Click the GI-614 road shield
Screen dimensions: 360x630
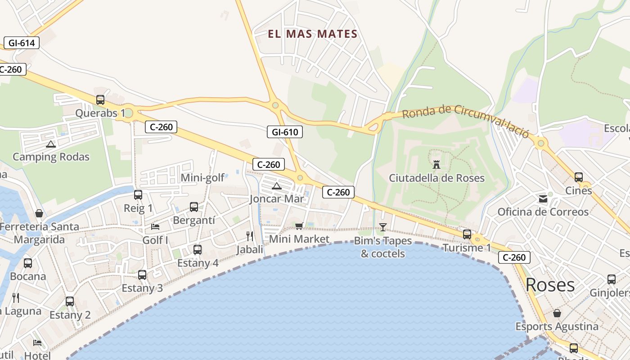tap(21, 43)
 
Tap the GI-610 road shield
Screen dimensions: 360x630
tap(285, 132)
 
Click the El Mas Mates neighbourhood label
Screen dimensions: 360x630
tap(313, 34)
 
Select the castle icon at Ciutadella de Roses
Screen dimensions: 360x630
tap(436, 164)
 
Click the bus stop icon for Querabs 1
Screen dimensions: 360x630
tap(100, 100)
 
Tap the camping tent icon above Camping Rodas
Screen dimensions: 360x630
tap(50, 144)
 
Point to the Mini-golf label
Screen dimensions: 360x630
tap(202, 178)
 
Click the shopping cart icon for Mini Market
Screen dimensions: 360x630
tap(299, 226)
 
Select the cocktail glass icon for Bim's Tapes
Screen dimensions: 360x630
tap(383, 227)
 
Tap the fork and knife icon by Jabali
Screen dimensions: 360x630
tap(250, 236)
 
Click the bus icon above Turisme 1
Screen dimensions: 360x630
tap(467, 234)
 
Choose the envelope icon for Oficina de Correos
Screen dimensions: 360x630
tap(543, 198)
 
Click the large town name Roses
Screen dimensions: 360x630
tap(550, 285)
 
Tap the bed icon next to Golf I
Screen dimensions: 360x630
tap(155, 226)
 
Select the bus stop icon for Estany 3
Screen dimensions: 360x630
tap(142, 274)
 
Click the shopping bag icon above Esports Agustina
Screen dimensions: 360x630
tap(557, 313)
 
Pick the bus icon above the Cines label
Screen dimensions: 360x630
tap(579, 177)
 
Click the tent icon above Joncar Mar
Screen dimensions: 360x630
tap(277, 186)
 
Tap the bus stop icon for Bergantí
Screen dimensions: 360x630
tap(194, 207)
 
